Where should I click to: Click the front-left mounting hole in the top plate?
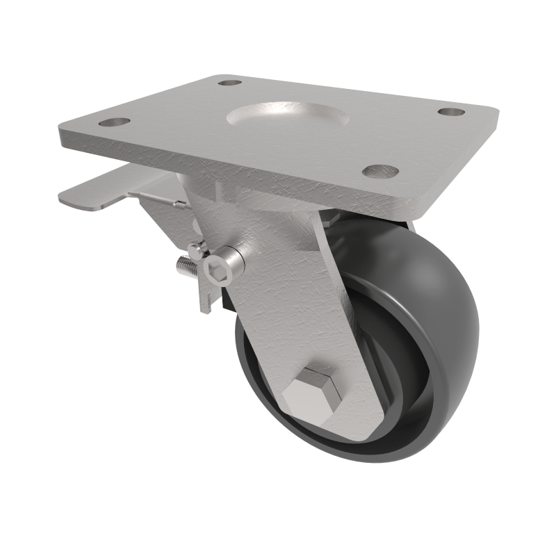pyautogui.click(x=115, y=122)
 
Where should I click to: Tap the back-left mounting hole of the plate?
pyautogui.click(x=229, y=83)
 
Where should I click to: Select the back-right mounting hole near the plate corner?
pyautogui.click(x=451, y=111)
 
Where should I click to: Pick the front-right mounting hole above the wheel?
pyautogui.click(x=381, y=171)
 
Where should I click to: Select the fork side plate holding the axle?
pyautogui.click(x=292, y=313)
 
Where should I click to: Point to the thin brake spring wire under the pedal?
pyautogui.click(x=160, y=198)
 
